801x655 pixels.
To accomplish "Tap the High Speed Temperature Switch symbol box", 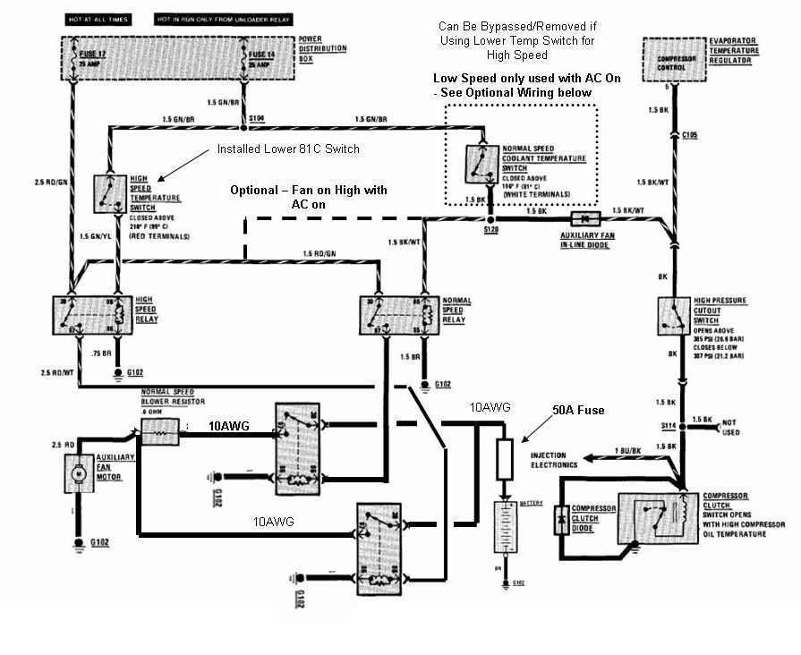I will (x=112, y=193).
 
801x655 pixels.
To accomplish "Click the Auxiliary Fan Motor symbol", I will (x=77, y=472).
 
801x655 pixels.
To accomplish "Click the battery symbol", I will (x=507, y=527).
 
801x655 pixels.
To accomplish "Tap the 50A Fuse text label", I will (x=578, y=410).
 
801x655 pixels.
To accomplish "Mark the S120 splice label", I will (x=490, y=232).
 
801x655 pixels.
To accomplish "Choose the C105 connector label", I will (x=690, y=136).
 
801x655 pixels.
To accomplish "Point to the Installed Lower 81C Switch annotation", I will (x=288, y=149).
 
